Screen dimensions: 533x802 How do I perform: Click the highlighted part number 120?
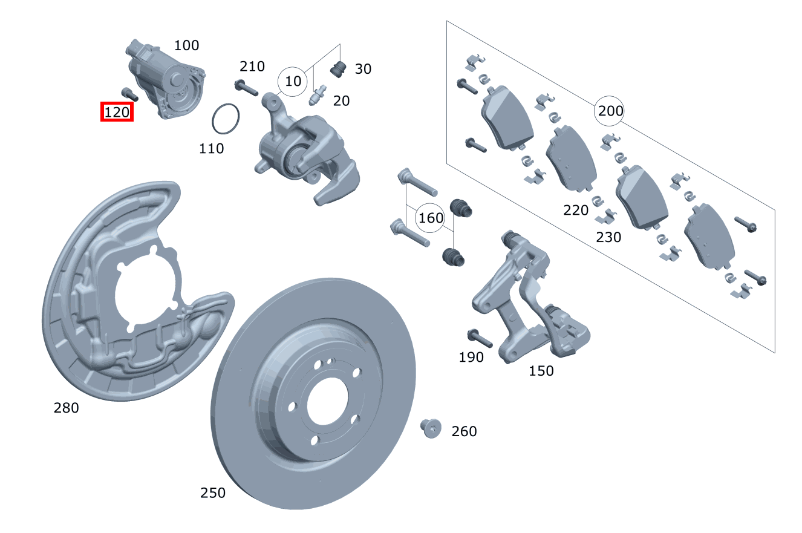(117, 112)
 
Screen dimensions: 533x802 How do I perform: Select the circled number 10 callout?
(293, 81)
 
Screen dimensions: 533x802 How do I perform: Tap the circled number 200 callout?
(610, 111)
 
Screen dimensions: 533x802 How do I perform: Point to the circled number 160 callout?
(431, 218)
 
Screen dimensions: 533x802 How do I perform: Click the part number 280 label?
(66, 408)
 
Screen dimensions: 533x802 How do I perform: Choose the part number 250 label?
(212, 492)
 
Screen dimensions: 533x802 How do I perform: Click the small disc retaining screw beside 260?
(430, 428)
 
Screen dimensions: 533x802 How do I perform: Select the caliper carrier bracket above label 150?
(526, 296)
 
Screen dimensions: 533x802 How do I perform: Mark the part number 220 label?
(575, 210)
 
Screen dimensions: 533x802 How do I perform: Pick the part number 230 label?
(608, 237)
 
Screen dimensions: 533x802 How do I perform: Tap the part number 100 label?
(186, 45)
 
